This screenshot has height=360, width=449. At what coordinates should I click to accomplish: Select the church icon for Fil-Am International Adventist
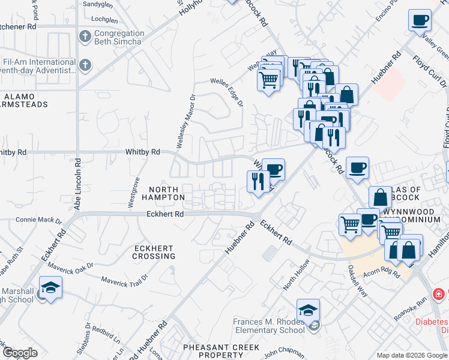(x=85, y=65)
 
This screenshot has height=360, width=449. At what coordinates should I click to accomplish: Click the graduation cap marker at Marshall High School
(x=51, y=286)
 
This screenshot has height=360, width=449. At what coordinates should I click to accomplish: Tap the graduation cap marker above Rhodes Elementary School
(x=308, y=310)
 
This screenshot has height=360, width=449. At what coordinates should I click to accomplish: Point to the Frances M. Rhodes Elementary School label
(x=268, y=326)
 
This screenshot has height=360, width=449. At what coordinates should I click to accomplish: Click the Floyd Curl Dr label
(x=429, y=71)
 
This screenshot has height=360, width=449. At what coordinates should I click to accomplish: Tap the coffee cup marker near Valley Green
(x=420, y=20)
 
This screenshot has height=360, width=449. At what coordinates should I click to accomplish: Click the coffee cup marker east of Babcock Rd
(x=357, y=167)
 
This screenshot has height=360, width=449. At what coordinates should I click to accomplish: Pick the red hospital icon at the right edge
(x=439, y=294)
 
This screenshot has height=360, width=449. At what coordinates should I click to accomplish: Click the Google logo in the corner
(x=20, y=352)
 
